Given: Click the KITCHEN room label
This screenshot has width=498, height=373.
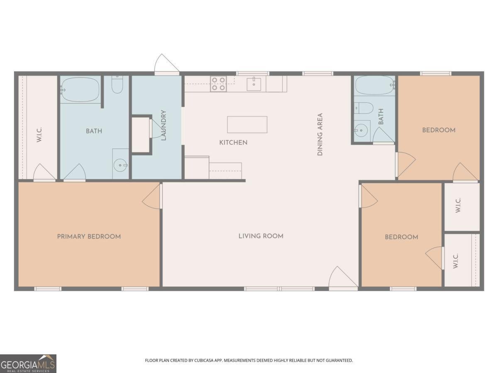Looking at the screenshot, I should pos(233,143).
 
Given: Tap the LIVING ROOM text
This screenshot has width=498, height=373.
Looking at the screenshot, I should pos(261,236).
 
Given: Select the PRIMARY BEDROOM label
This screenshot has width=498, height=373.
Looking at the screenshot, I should pos(89,237).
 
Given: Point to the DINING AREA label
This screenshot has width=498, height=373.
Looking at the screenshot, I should pos(320,135).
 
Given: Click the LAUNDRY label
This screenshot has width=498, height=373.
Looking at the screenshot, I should pos(164,125).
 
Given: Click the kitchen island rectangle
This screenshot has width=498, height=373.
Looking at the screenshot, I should pos(247,124).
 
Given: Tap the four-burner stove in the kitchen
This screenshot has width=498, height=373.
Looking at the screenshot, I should pos(218,84).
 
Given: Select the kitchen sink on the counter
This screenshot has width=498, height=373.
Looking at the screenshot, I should pos(254,84).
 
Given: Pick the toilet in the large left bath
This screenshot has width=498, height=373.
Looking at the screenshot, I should pos(117,85).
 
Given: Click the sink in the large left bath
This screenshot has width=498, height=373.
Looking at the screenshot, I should pos(121,165).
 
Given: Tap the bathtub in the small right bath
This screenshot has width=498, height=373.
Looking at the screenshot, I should pos(374,85).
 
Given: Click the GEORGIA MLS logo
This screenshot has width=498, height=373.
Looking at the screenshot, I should pos(28,363).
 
